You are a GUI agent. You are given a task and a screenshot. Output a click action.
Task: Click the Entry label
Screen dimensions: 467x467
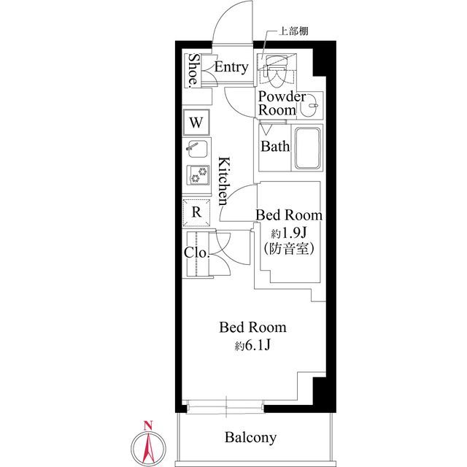[x=231, y=67]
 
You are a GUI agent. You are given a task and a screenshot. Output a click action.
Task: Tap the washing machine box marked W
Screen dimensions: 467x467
[x=196, y=122]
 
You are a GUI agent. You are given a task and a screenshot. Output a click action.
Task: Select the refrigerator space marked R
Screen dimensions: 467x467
[x=196, y=212]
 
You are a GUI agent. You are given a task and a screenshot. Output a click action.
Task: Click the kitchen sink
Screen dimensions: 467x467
[x=198, y=149]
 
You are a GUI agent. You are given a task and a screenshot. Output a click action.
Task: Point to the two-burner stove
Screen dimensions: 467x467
[x=198, y=175]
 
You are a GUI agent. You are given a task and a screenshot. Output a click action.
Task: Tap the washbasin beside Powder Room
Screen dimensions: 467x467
[x=309, y=106]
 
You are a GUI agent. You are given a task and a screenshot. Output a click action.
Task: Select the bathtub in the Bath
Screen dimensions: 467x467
[x=308, y=148]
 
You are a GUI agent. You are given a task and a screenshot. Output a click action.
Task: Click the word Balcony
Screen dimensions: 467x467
[x=250, y=437]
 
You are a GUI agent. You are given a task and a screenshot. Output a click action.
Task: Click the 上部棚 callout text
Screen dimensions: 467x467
[x=293, y=31]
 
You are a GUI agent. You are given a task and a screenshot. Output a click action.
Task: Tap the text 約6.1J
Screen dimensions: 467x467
[x=252, y=345]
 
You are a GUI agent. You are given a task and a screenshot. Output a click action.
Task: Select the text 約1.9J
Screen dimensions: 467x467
[x=289, y=233]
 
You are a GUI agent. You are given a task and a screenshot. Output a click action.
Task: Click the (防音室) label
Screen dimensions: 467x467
[x=289, y=248]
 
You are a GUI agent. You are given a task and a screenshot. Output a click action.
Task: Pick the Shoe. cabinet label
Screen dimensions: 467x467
[x=194, y=70]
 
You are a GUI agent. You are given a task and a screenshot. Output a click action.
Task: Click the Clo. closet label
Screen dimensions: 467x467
[x=196, y=252]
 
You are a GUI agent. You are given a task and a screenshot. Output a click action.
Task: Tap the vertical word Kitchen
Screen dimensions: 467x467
[x=224, y=181]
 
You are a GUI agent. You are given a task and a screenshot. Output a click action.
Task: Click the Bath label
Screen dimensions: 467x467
[x=275, y=146]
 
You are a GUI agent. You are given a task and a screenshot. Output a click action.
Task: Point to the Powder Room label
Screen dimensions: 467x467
[x=282, y=103]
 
